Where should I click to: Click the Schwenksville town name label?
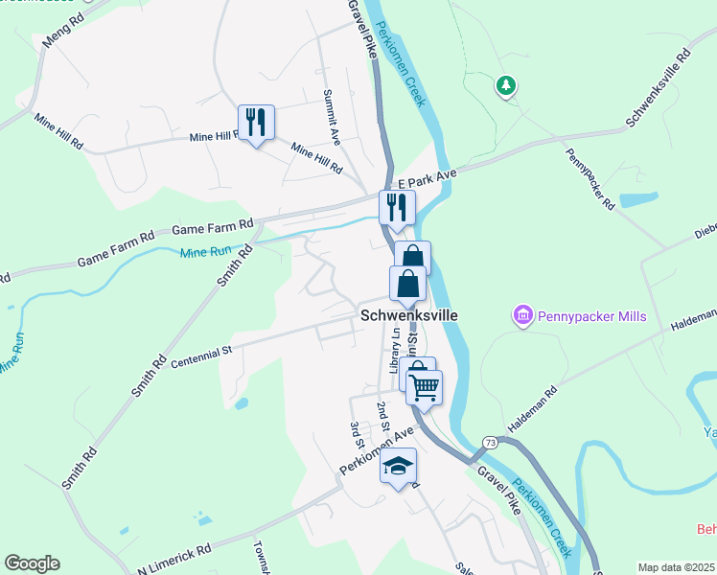coord(409,314)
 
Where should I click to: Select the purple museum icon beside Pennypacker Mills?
coord(522,314)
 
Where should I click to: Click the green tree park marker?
coord(505,87)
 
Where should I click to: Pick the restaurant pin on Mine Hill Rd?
coord(256,123)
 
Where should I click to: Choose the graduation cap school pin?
coord(399,467)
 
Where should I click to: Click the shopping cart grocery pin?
coord(424,387)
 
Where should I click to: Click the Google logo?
coord(32,563)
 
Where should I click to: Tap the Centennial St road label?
coord(201,356)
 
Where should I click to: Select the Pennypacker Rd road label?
coord(590,179)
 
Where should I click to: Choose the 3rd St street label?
coord(356,433)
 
